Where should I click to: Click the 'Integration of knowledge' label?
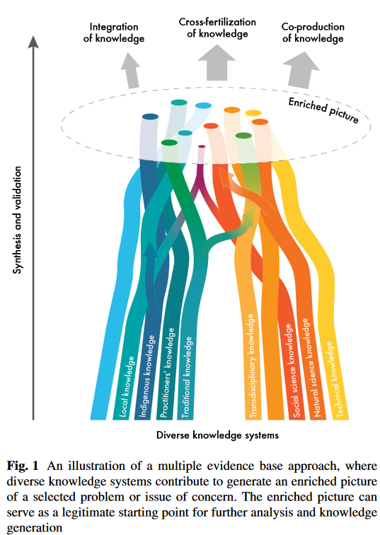114,33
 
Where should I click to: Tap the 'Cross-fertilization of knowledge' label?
217,28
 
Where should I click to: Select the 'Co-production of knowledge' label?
313,33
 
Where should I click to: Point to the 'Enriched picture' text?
323,110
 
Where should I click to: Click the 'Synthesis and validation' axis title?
17,220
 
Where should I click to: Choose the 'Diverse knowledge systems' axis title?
217,435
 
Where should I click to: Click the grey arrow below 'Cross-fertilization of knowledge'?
217,62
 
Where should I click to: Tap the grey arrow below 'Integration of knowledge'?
130,70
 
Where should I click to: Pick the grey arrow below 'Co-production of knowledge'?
301,70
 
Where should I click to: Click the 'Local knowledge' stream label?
127,387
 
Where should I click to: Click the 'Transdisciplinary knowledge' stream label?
252,366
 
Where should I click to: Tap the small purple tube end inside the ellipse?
202,146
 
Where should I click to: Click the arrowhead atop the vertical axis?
33,41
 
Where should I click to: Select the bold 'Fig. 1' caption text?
23,466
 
